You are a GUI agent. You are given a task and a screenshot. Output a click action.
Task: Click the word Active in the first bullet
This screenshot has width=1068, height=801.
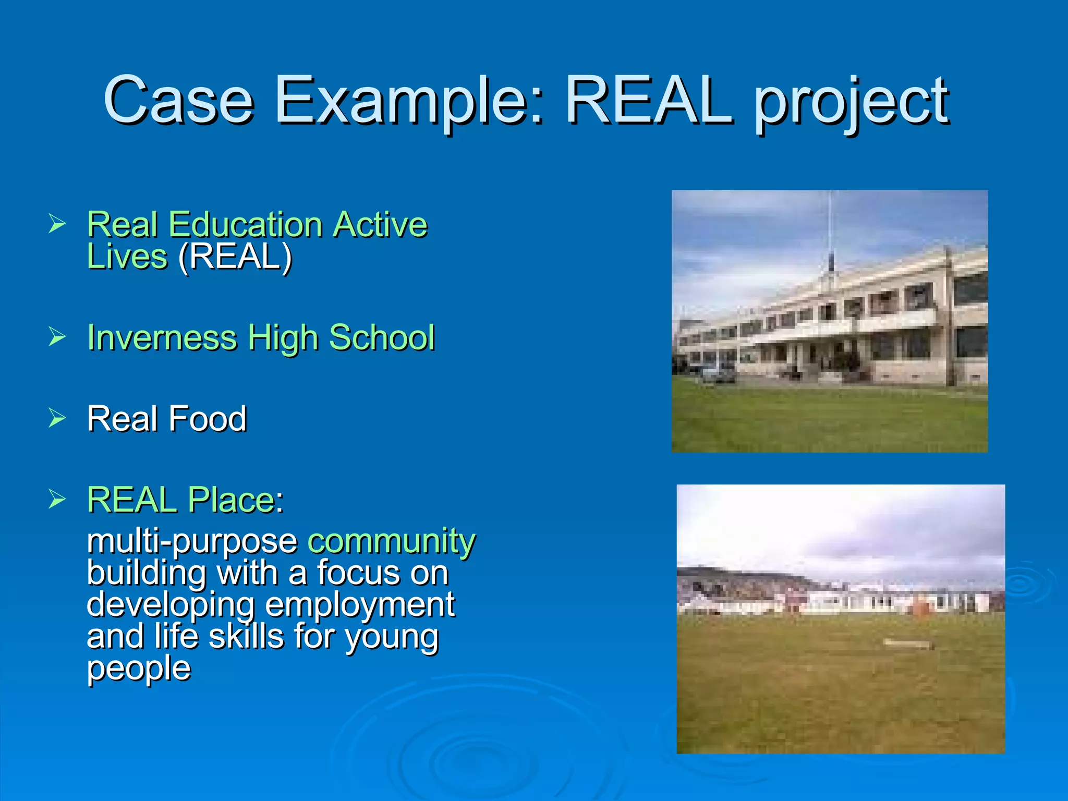380,225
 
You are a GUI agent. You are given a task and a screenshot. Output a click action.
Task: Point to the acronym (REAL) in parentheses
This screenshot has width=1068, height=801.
235,257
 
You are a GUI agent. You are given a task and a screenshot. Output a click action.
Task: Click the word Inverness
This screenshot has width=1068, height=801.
162,337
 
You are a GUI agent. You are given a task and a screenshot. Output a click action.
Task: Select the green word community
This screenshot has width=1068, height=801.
391,541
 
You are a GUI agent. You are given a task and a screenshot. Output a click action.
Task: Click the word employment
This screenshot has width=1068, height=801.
360,604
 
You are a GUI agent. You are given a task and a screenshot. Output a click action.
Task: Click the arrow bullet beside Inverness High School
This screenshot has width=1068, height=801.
57,336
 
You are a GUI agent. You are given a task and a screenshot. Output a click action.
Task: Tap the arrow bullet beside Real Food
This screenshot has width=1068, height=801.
57,418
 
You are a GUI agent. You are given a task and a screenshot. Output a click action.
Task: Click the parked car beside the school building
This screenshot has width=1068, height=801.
719,373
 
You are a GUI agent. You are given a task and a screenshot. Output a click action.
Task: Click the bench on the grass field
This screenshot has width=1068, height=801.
907,645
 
